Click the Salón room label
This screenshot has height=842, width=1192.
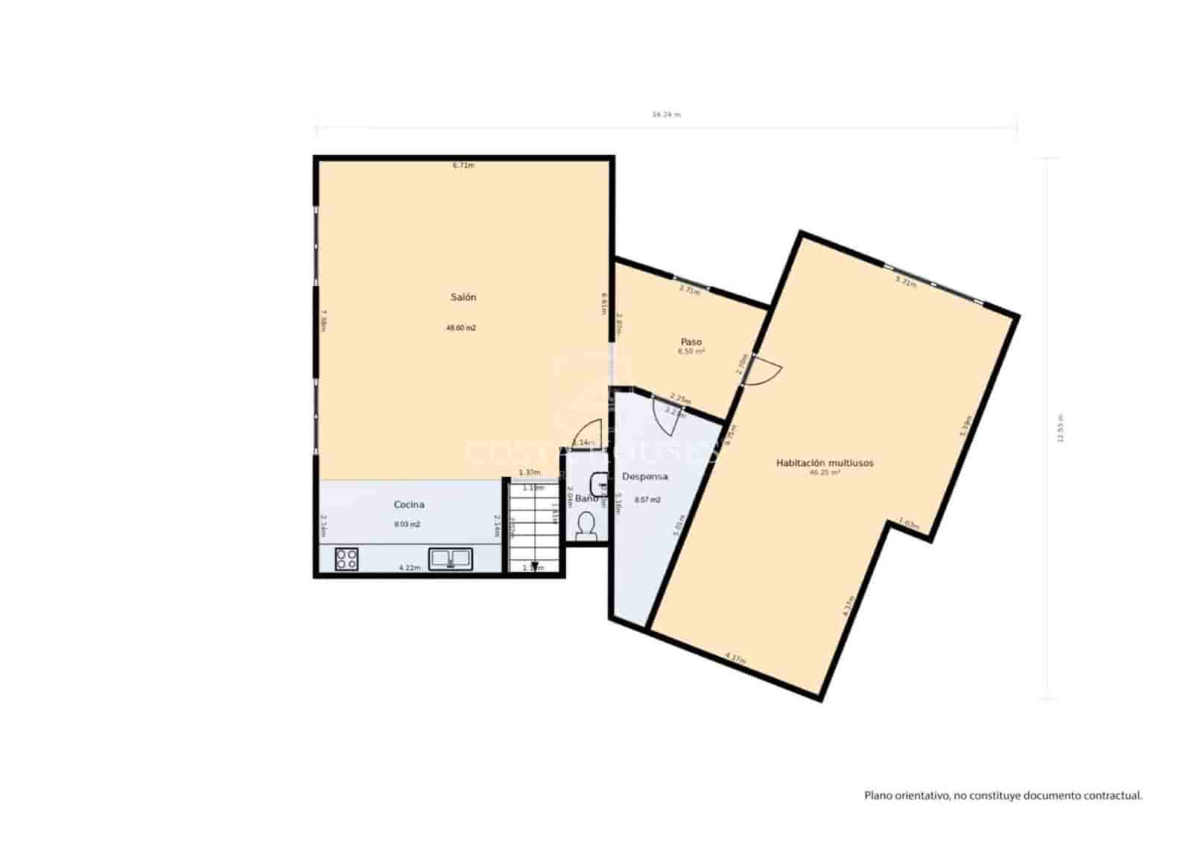(463, 297)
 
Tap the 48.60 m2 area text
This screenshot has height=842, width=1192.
(461, 328)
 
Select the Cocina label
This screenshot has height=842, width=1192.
(409, 504)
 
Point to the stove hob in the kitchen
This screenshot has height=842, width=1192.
(346, 558)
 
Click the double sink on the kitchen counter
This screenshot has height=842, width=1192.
(450, 557)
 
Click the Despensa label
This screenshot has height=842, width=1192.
(644, 476)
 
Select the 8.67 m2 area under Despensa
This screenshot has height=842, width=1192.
(647, 500)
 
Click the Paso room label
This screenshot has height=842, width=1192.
(691, 342)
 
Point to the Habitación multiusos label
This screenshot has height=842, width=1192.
(825, 463)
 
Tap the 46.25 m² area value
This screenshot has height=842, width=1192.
(825, 472)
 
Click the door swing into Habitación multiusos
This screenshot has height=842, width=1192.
(766, 370)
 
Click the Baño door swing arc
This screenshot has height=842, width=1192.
(589, 434)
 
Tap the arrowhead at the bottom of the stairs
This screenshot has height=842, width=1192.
(534, 566)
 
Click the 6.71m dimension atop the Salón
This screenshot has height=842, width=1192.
(463, 165)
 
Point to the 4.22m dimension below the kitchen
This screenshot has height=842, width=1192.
(410, 568)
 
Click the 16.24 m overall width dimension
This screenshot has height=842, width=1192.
(666, 115)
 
